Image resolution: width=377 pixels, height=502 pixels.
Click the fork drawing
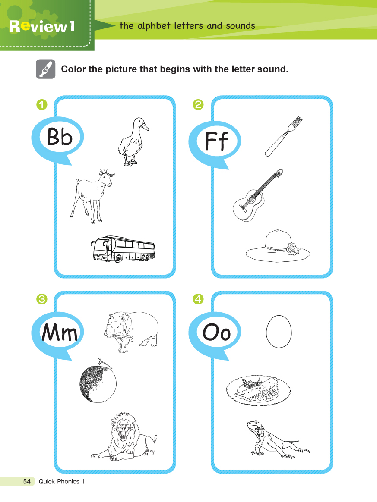[x=283, y=136]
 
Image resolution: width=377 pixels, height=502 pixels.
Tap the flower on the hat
[x=293, y=249]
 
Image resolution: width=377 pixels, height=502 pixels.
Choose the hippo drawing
[x=131, y=332]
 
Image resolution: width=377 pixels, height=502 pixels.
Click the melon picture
[x=98, y=381]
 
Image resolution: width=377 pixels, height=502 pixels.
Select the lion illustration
[x=124, y=436]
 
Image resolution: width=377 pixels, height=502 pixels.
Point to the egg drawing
[x=279, y=331]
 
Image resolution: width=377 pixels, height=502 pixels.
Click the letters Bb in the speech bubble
[x=60, y=137]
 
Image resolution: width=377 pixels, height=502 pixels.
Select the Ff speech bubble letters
[x=216, y=141]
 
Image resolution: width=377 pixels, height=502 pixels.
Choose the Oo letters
[x=216, y=332]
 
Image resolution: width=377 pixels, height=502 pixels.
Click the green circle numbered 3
[x=42, y=299]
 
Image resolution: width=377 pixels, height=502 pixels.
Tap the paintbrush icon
[x=45, y=69]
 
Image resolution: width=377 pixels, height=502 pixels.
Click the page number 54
[x=27, y=481]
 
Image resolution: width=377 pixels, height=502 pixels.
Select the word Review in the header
[x=38, y=26]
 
